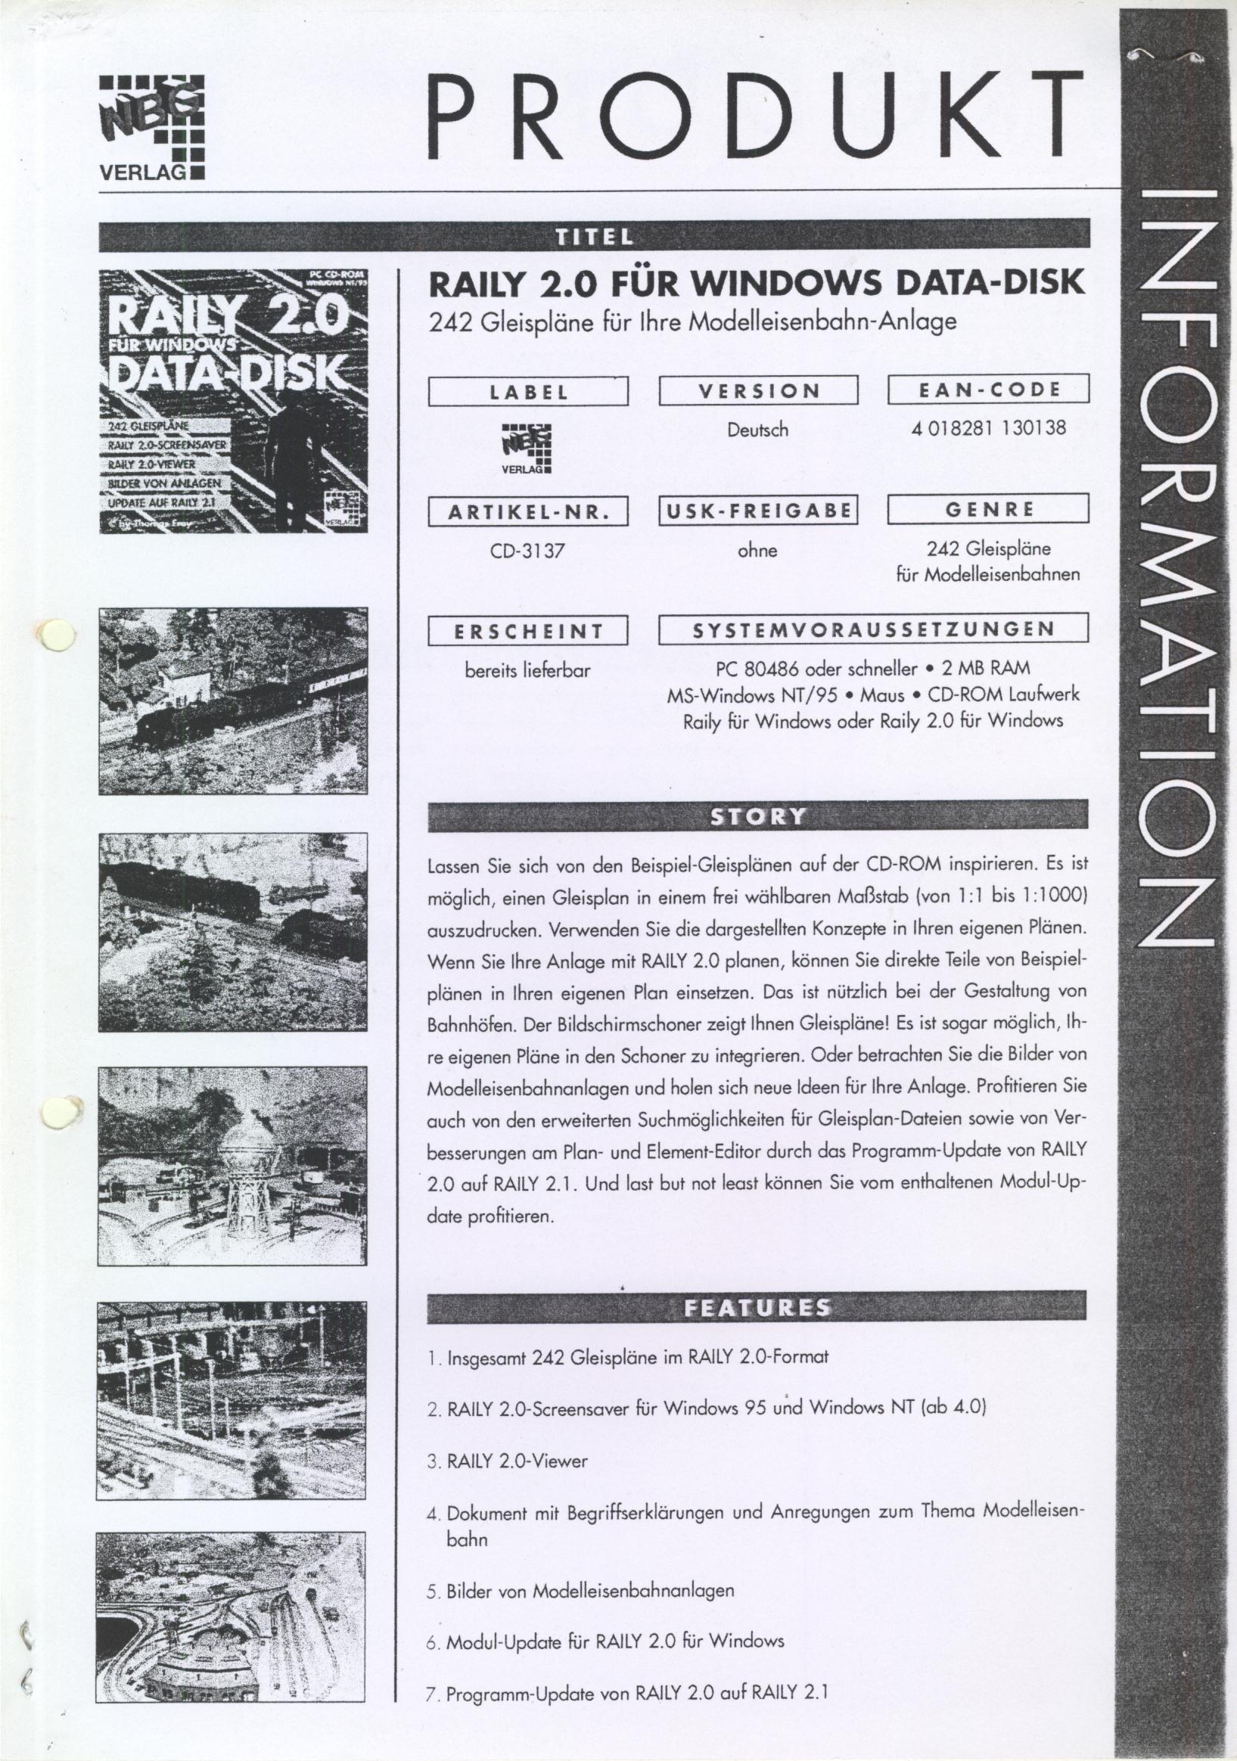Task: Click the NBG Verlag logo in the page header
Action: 152,126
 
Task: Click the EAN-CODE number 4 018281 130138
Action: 989,428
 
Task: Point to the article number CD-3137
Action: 527,551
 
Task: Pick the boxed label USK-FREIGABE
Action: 757,510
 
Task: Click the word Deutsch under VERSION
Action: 757,430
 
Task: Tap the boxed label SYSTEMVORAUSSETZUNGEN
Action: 874,629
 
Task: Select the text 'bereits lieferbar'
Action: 527,670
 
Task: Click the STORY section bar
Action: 757,816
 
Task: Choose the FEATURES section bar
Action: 757,1307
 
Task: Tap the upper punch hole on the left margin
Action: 57,635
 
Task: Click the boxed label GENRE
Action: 988,509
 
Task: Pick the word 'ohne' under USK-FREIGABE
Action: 757,550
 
